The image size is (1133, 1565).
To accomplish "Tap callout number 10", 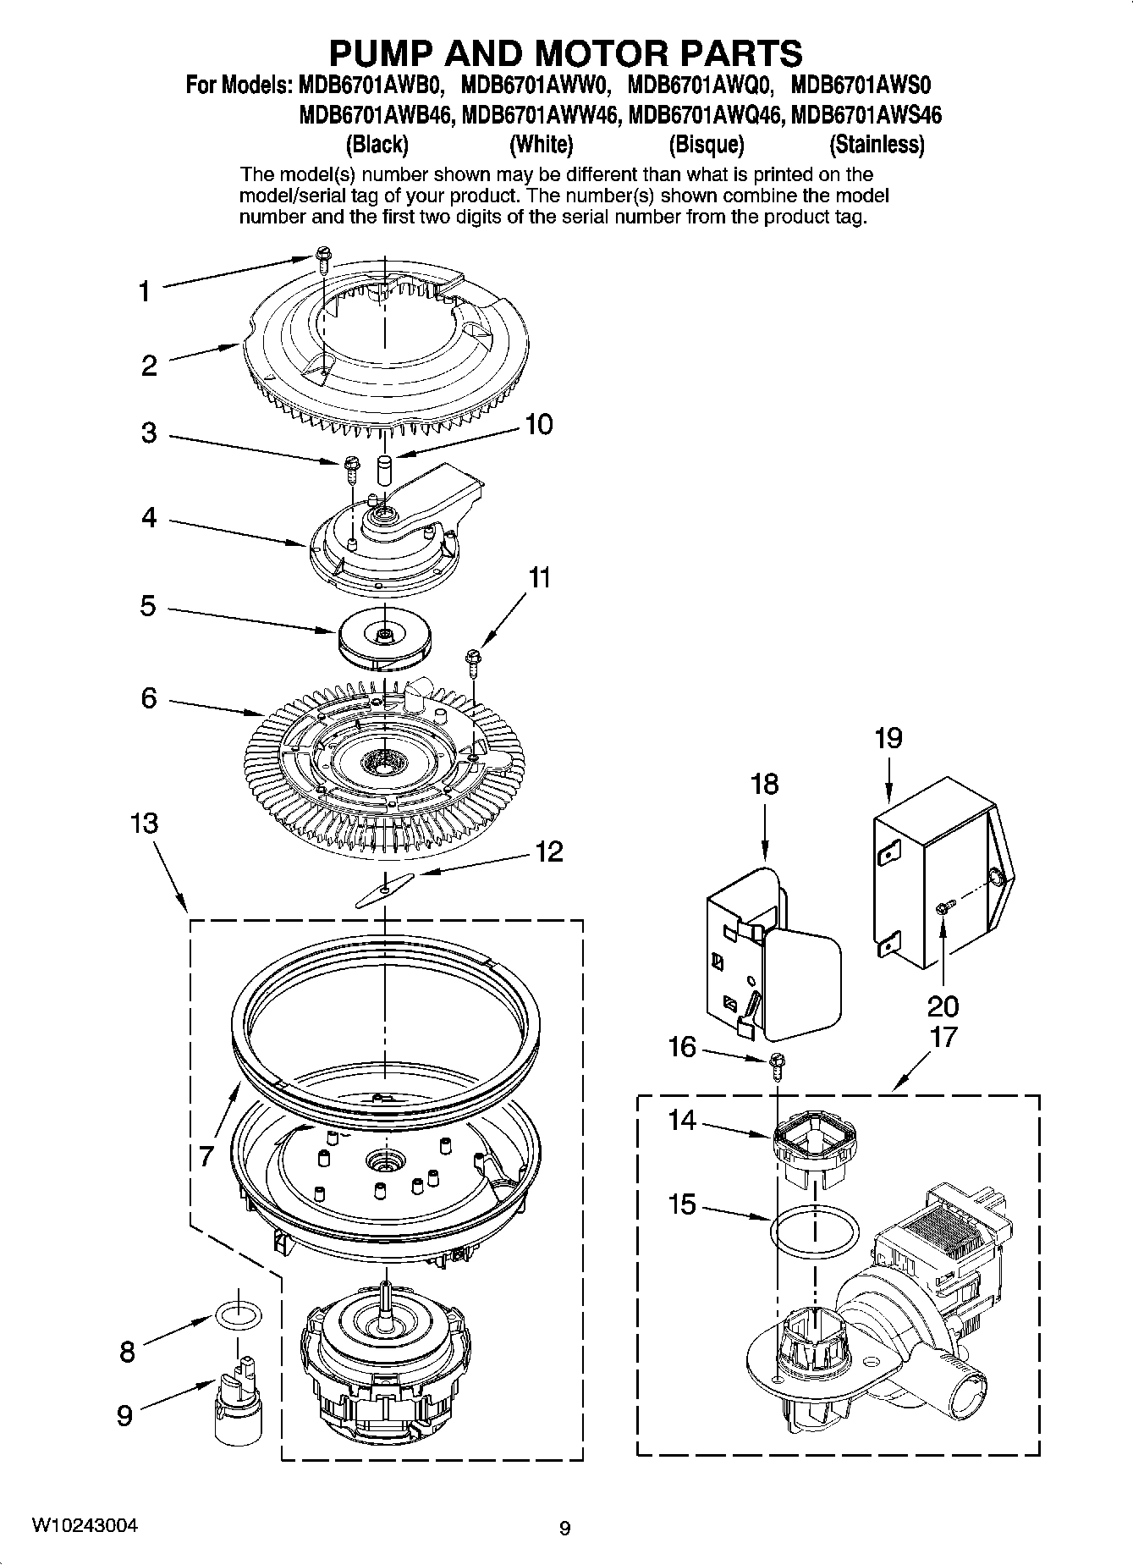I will point(538,424).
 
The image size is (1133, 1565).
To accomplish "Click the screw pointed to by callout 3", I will point(350,467).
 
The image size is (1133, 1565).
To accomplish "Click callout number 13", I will point(145,823).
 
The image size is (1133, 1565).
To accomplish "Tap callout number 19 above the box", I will point(888,739).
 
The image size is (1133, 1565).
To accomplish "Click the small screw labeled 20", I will point(943,908).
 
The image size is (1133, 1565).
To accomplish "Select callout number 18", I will point(764,784).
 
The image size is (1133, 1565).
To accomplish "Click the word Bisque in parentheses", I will point(706,145).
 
